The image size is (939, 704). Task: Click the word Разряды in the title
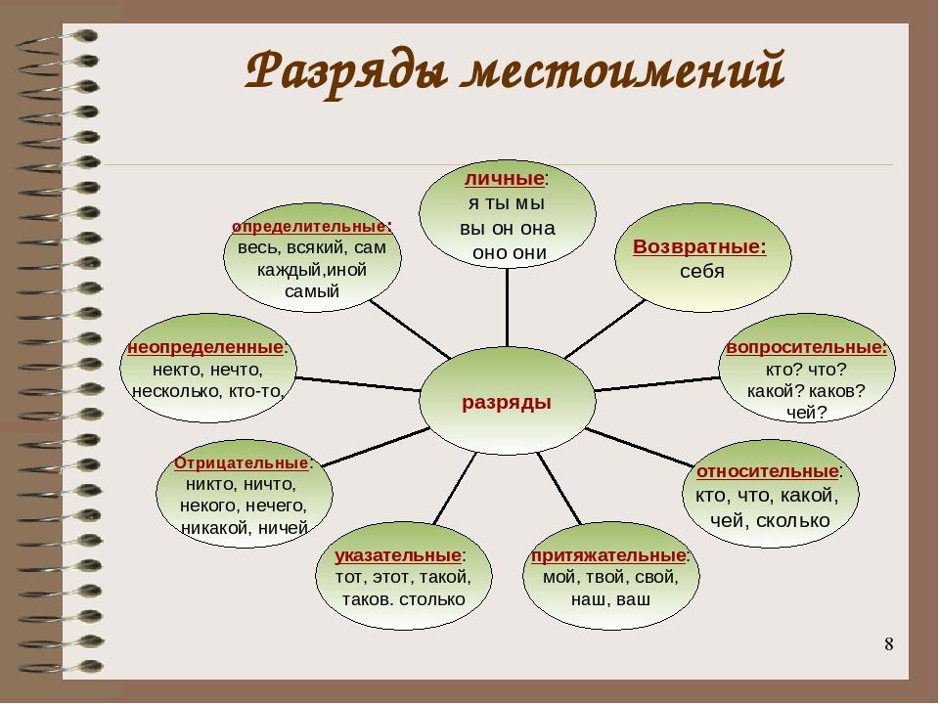[x=346, y=71]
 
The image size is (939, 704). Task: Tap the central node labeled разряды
[x=507, y=402]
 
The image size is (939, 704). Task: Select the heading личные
[x=505, y=178]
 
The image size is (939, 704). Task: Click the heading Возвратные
[x=699, y=246]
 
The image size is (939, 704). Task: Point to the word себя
[x=702, y=271]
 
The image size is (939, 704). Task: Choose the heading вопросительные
[x=806, y=347]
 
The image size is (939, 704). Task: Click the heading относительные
[x=767, y=471]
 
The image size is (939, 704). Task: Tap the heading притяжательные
[x=608, y=555]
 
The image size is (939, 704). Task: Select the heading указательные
[x=398, y=555]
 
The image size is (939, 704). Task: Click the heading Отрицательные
[x=242, y=463]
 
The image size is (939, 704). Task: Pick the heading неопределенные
[x=205, y=347]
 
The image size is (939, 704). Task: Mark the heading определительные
[x=311, y=227]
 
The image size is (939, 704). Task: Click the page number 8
[x=889, y=644]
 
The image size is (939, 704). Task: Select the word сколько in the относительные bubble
[x=793, y=521]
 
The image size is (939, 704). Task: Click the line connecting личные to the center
[x=508, y=307]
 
